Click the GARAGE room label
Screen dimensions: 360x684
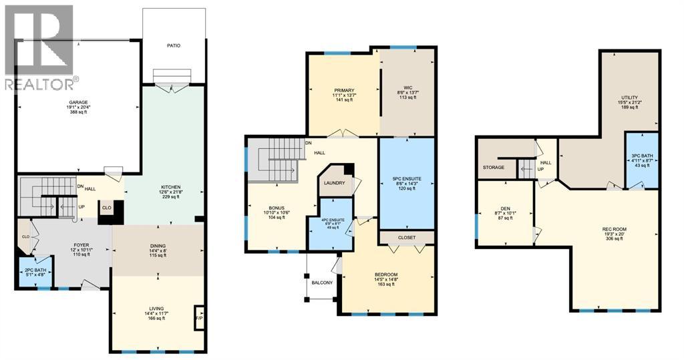pos(77,102)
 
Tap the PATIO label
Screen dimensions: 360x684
pos(174,45)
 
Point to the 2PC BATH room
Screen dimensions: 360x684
pos(34,273)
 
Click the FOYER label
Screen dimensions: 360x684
pos(81,245)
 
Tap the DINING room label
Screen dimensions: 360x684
pos(158,245)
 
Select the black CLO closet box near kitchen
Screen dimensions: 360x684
pos(108,208)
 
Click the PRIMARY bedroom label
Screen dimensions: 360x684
pos(344,90)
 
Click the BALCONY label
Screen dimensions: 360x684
pos(322,283)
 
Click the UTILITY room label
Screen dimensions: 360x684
pos(629,98)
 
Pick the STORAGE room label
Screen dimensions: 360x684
pos(494,167)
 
